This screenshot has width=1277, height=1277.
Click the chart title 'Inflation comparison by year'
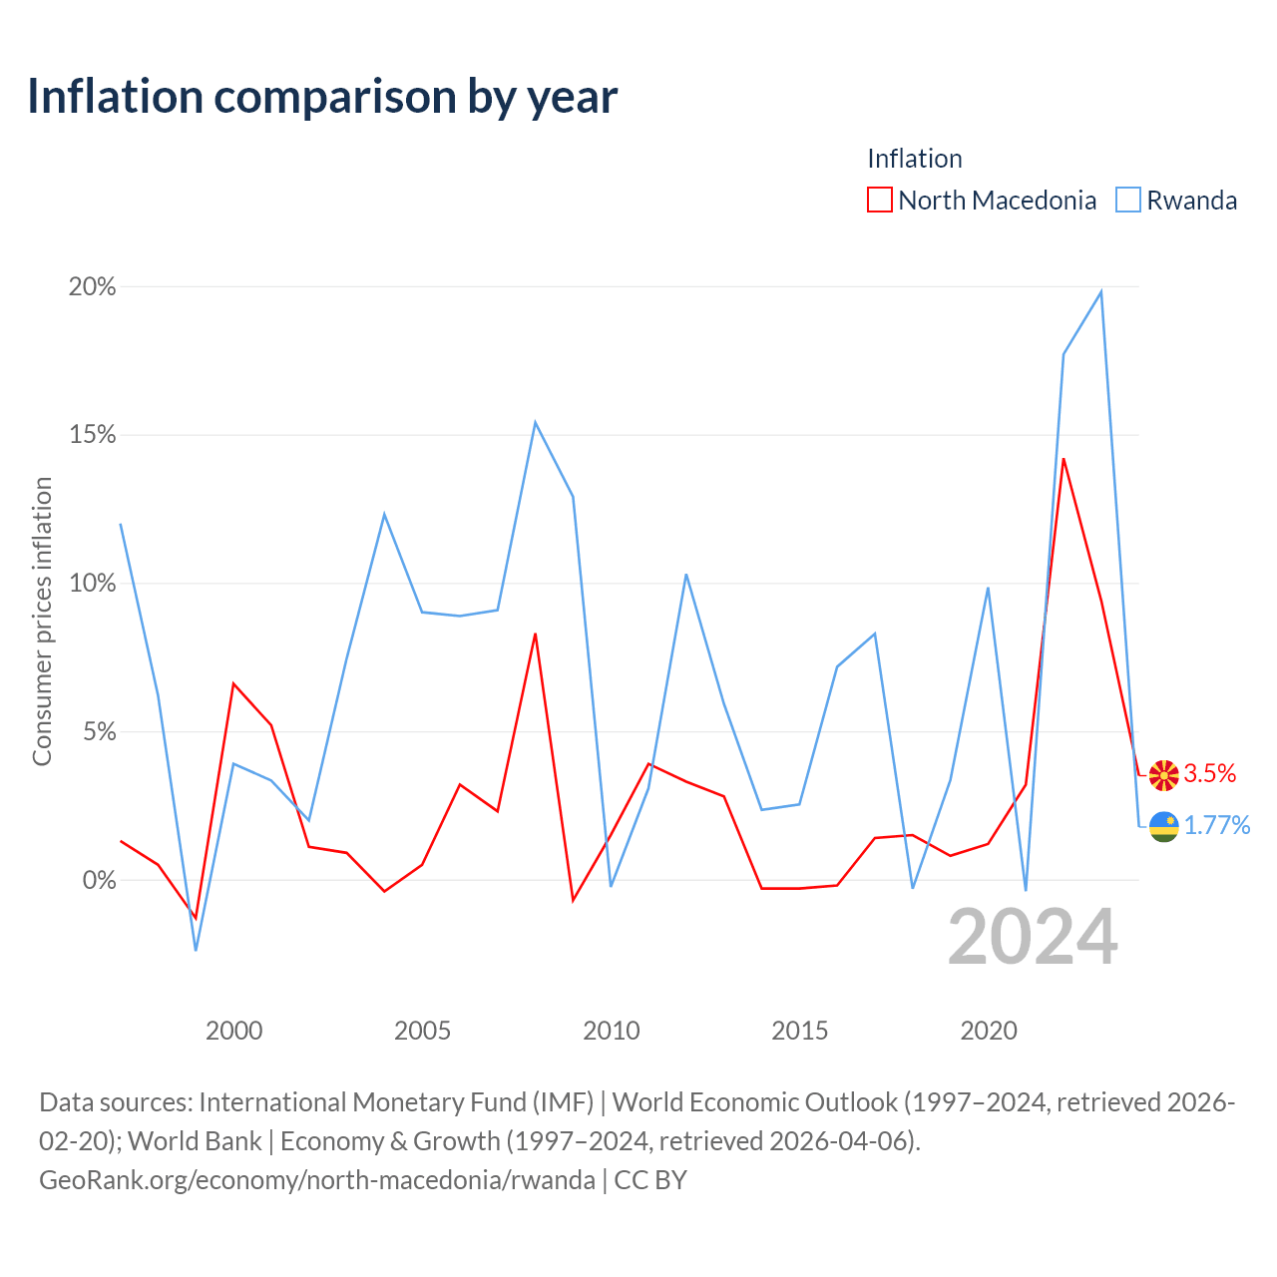[x=322, y=97]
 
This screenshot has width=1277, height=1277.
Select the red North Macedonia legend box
[x=879, y=200]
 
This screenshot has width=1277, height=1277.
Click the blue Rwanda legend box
[x=1128, y=200]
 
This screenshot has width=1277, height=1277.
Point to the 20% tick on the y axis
[x=92, y=287]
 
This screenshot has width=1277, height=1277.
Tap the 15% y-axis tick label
[x=92, y=435]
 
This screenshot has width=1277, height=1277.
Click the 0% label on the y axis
[x=100, y=880]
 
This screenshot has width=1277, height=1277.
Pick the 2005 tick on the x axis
[x=422, y=1031]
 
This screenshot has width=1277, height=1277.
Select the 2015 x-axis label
[x=799, y=1031]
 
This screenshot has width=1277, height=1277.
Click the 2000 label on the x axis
[x=233, y=1031]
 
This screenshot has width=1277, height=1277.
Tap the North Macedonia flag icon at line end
[x=1163, y=775]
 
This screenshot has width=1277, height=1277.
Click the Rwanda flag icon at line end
[x=1163, y=826]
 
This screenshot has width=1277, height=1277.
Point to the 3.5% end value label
[x=1209, y=773]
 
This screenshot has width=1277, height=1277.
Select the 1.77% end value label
[x=1217, y=825]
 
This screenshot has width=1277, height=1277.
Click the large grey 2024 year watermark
[x=1033, y=937]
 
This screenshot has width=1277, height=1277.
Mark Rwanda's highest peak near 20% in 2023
[x=1100, y=291]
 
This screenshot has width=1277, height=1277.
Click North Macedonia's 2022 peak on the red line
[x=1063, y=459]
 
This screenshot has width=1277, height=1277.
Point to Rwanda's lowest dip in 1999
[x=196, y=951]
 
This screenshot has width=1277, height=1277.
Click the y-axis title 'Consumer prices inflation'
[x=43, y=621]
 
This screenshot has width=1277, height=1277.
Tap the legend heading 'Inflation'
[x=915, y=159]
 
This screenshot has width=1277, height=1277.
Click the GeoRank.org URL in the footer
[x=317, y=1180]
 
